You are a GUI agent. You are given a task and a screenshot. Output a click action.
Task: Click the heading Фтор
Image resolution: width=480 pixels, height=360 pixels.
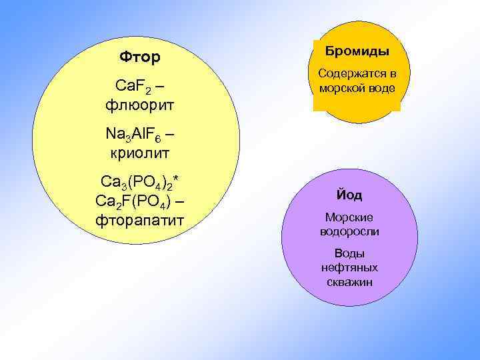(x=140, y=58)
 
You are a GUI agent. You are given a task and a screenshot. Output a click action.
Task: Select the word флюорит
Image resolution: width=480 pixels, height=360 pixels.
(x=140, y=105)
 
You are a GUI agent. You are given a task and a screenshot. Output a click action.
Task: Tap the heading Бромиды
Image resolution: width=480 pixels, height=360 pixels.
(x=357, y=52)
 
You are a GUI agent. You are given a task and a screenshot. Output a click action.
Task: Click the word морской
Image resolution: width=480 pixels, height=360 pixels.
(x=343, y=88)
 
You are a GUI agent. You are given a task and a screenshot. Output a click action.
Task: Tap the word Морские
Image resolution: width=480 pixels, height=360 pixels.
(x=349, y=217)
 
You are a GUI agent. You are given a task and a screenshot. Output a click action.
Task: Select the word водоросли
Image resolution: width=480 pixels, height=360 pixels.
(x=349, y=232)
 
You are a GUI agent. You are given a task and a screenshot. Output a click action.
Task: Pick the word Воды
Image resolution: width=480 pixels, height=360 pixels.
(x=349, y=253)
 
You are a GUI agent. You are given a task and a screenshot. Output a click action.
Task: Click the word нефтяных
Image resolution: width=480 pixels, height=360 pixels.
(x=349, y=267)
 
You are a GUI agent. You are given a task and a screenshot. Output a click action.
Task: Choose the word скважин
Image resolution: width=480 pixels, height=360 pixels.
(x=349, y=282)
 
